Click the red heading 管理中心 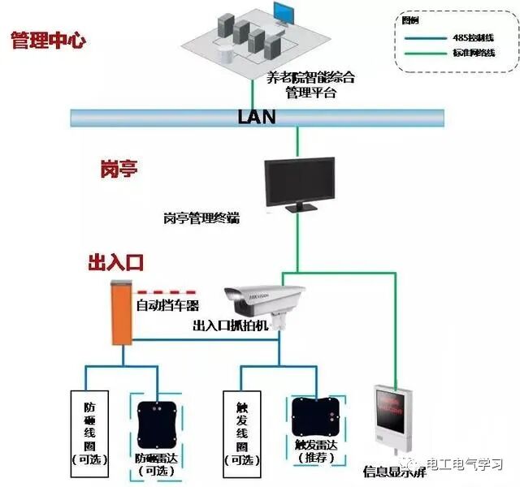click(x=48, y=41)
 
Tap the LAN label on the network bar click(x=256, y=117)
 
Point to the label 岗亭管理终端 click(x=201, y=218)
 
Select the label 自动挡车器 click(x=167, y=306)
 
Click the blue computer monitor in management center click(x=284, y=13)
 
